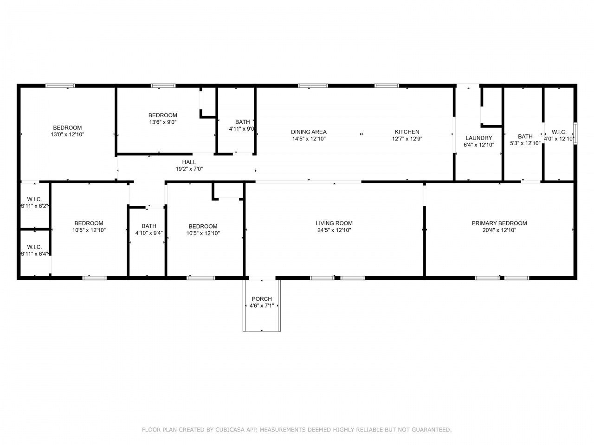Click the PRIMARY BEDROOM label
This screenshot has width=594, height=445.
coord(499,223)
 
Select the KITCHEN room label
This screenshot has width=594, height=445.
coord(407,132)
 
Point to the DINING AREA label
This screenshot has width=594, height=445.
coord(309,132)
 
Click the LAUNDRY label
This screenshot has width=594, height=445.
coord(478,138)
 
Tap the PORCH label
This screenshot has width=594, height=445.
coord(262,299)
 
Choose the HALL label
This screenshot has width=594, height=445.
coord(189,162)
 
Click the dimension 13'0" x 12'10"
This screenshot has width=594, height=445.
coord(67,134)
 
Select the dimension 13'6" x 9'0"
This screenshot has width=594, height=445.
coord(162,122)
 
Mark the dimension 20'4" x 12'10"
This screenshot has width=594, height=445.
coord(499,230)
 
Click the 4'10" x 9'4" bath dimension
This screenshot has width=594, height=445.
coord(149,233)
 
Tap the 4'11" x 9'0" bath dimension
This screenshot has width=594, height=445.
coord(242,129)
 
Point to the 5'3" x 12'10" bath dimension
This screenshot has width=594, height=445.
coord(525,143)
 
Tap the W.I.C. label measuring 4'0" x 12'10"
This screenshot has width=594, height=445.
coord(559,132)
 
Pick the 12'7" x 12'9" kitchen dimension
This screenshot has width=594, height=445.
coord(407,139)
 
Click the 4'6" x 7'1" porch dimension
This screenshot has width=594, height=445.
coord(262,306)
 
